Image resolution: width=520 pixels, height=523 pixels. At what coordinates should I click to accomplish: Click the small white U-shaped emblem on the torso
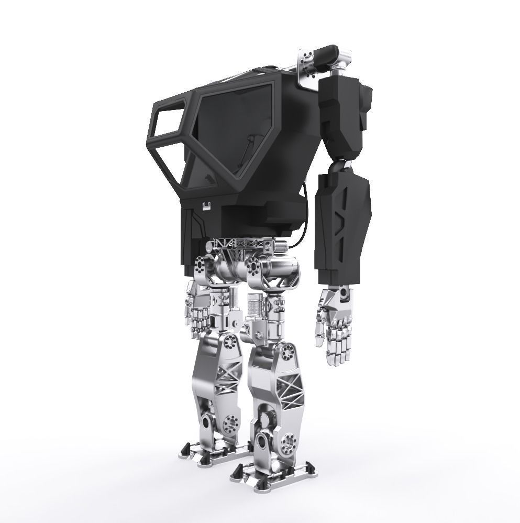[x=208, y=205]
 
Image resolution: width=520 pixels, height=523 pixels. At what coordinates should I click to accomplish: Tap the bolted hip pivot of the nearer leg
[x=256, y=268]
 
